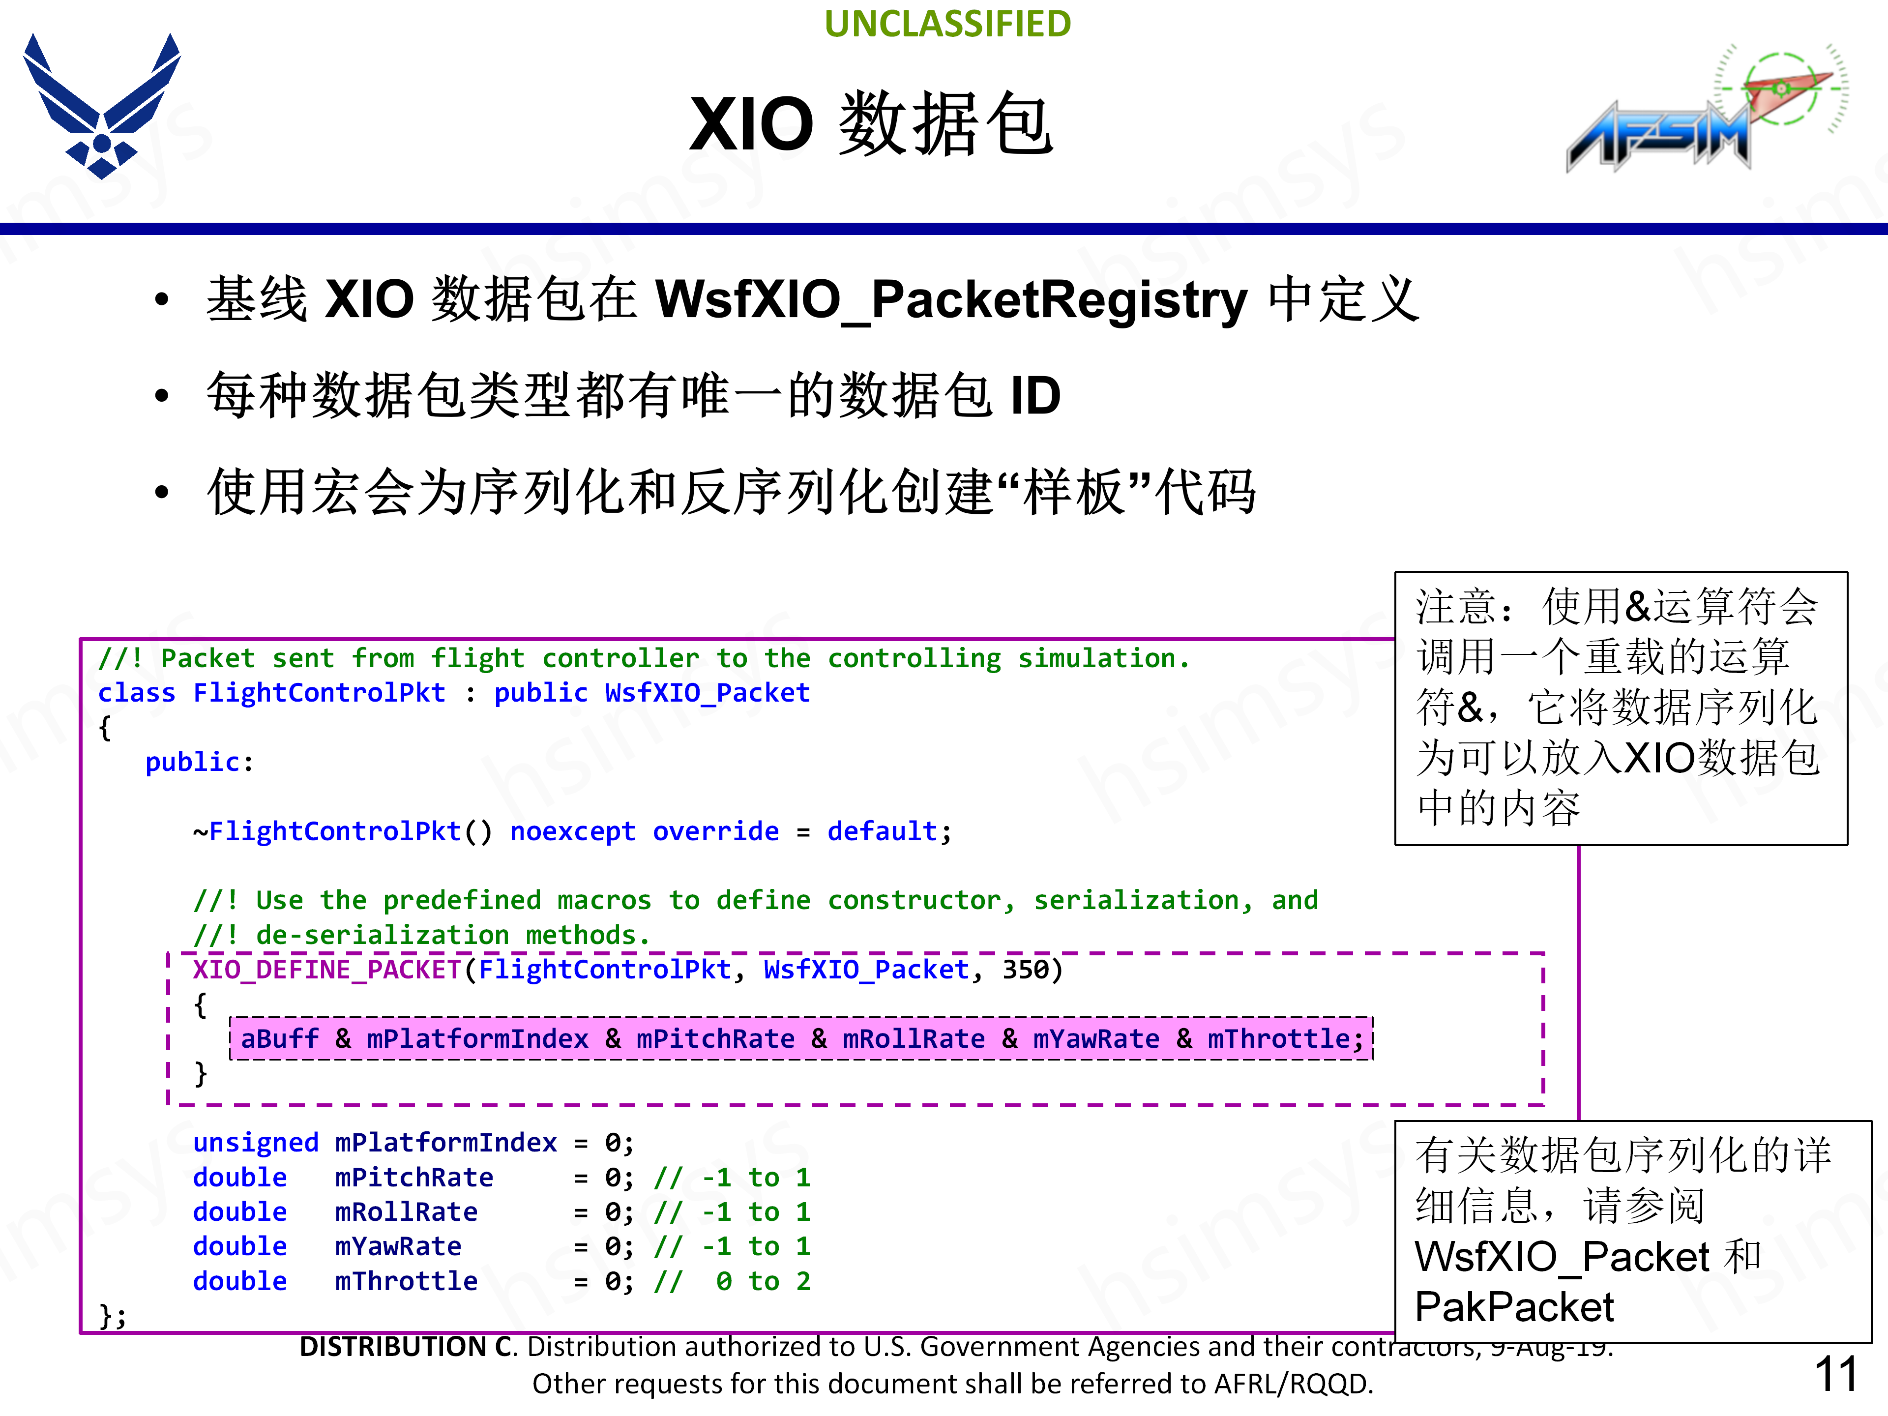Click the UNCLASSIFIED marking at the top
pos(947,24)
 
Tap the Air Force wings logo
pos(102,107)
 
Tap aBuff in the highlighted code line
pos(279,1039)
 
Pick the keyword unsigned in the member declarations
pos(255,1143)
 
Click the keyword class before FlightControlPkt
pos(137,693)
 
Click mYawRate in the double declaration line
pos(398,1246)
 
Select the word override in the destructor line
pos(715,831)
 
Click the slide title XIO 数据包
pos(871,124)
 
